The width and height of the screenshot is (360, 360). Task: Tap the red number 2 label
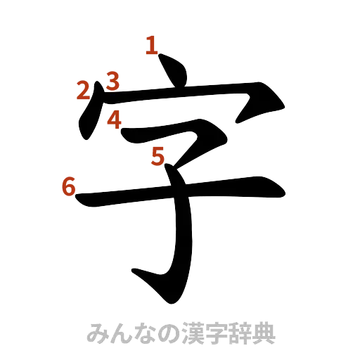[83, 90]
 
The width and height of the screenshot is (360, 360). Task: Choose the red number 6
[68, 186]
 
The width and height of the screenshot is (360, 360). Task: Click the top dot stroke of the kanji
[173, 72]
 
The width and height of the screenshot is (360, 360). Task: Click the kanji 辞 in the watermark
[231, 333]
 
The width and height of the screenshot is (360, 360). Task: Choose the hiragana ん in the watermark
[118, 333]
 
